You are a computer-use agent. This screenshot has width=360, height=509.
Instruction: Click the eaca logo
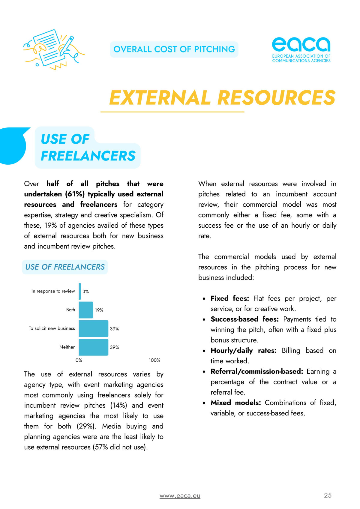(301, 49)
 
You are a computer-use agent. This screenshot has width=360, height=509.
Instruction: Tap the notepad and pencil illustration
(53, 49)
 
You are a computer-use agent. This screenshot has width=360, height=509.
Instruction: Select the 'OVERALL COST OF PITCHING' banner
(174, 49)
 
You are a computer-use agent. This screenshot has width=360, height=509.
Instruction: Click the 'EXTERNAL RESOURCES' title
(222, 98)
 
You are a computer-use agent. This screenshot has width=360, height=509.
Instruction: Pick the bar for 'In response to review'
(80, 291)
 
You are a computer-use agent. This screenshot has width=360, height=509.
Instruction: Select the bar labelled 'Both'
(86, 310)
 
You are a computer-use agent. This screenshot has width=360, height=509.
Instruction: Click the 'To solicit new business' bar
(93, 328)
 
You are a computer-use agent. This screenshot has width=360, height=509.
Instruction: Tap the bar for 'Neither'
(93, 347)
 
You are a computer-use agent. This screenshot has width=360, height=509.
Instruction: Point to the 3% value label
(85, 292)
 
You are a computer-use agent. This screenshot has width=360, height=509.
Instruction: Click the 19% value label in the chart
(99, 310)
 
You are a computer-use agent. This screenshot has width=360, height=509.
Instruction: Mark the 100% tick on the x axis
(154, 360)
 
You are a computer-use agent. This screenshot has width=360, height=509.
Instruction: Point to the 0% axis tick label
(79, 360)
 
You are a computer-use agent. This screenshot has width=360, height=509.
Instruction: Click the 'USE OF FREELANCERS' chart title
(65, 267)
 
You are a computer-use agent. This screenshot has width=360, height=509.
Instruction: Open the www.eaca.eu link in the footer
(180, 496)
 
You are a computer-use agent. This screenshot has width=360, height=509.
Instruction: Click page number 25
(328, 495)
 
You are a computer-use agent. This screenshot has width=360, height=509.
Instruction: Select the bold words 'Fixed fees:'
(229, 298)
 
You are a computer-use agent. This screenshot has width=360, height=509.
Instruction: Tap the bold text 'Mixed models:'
(235, 403)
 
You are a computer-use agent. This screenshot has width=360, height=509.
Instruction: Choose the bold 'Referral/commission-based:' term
(257, 371)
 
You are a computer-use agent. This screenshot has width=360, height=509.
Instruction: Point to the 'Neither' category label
(67, 347)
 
